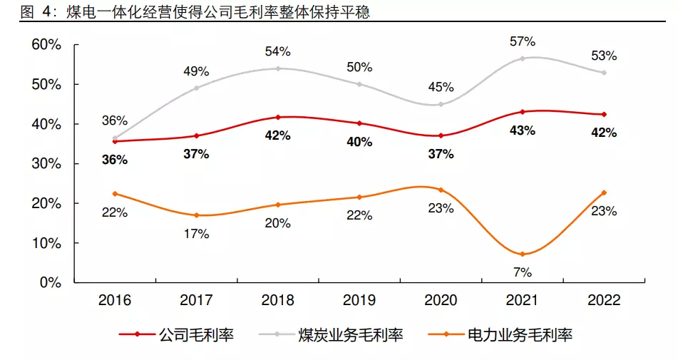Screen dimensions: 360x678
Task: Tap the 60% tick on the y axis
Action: click(x=46, y=45)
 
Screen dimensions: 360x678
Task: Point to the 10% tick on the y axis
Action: click(x=46, y=243)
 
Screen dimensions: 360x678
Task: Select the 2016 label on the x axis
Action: click(x=114, y=300)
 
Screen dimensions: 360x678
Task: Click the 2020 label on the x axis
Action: click(x=441, y=300)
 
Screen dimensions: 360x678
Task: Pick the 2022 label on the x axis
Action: click(x=604, y=300)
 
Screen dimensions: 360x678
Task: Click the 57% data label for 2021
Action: click(x=523, y=41)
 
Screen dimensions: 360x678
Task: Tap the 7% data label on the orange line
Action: click(x=523, y=272)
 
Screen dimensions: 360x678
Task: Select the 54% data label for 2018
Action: click(x=277, y=51)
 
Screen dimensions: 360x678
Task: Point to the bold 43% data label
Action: click(x=523, y=130)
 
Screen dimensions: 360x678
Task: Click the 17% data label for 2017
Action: click(x=196, y=233)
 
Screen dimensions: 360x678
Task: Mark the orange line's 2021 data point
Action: click(x=523, y=254)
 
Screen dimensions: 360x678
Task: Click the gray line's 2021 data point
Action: click(x=523, y=58)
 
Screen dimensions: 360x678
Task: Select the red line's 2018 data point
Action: click(x=277, y=117)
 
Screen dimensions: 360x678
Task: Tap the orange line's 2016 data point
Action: click(x=114, y=194)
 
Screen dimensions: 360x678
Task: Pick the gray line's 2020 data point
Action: click(x=441, y=104)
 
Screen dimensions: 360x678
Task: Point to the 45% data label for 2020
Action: click(x=441, y=87)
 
